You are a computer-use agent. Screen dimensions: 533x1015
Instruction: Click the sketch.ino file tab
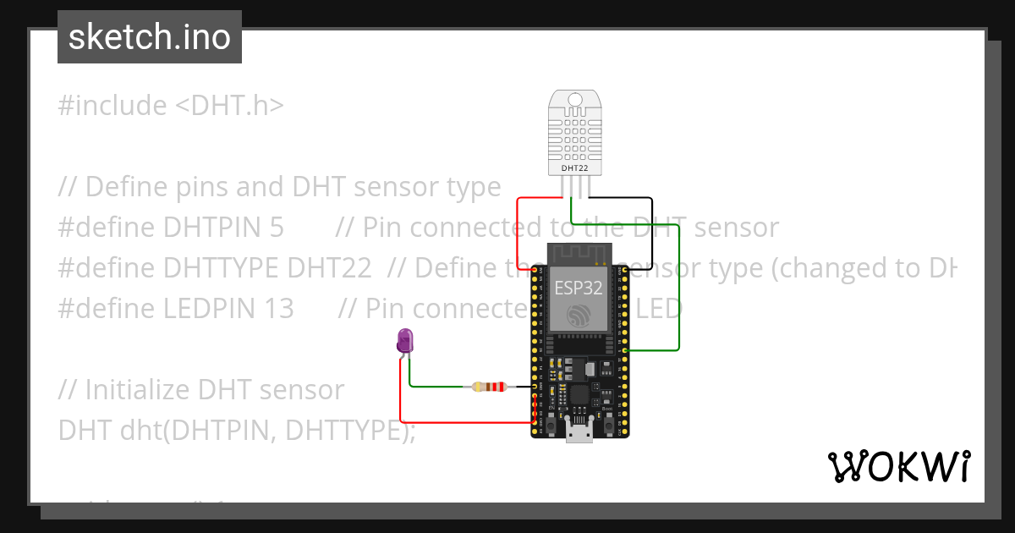[x=150, y=37]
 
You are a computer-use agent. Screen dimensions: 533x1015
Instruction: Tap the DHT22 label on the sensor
[x=575, y=168]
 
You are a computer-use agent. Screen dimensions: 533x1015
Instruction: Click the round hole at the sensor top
[x=575, y=100]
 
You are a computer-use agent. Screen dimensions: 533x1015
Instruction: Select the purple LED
[x=405, y=342]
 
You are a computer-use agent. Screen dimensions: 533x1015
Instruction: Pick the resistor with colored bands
[x=489, y=387]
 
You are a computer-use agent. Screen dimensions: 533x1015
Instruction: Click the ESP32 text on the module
[x=579, y=288]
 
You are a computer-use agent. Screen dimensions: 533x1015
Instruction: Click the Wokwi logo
[x=898, y=466]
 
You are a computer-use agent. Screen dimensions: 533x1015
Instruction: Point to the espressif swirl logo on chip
[x=579, y=316]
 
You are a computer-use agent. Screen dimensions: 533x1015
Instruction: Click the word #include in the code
[x=112, y=106]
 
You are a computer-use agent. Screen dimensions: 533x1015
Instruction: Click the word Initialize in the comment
[x=138, y=390]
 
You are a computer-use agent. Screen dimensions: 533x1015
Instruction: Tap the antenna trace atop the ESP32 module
[x=579, y=251]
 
